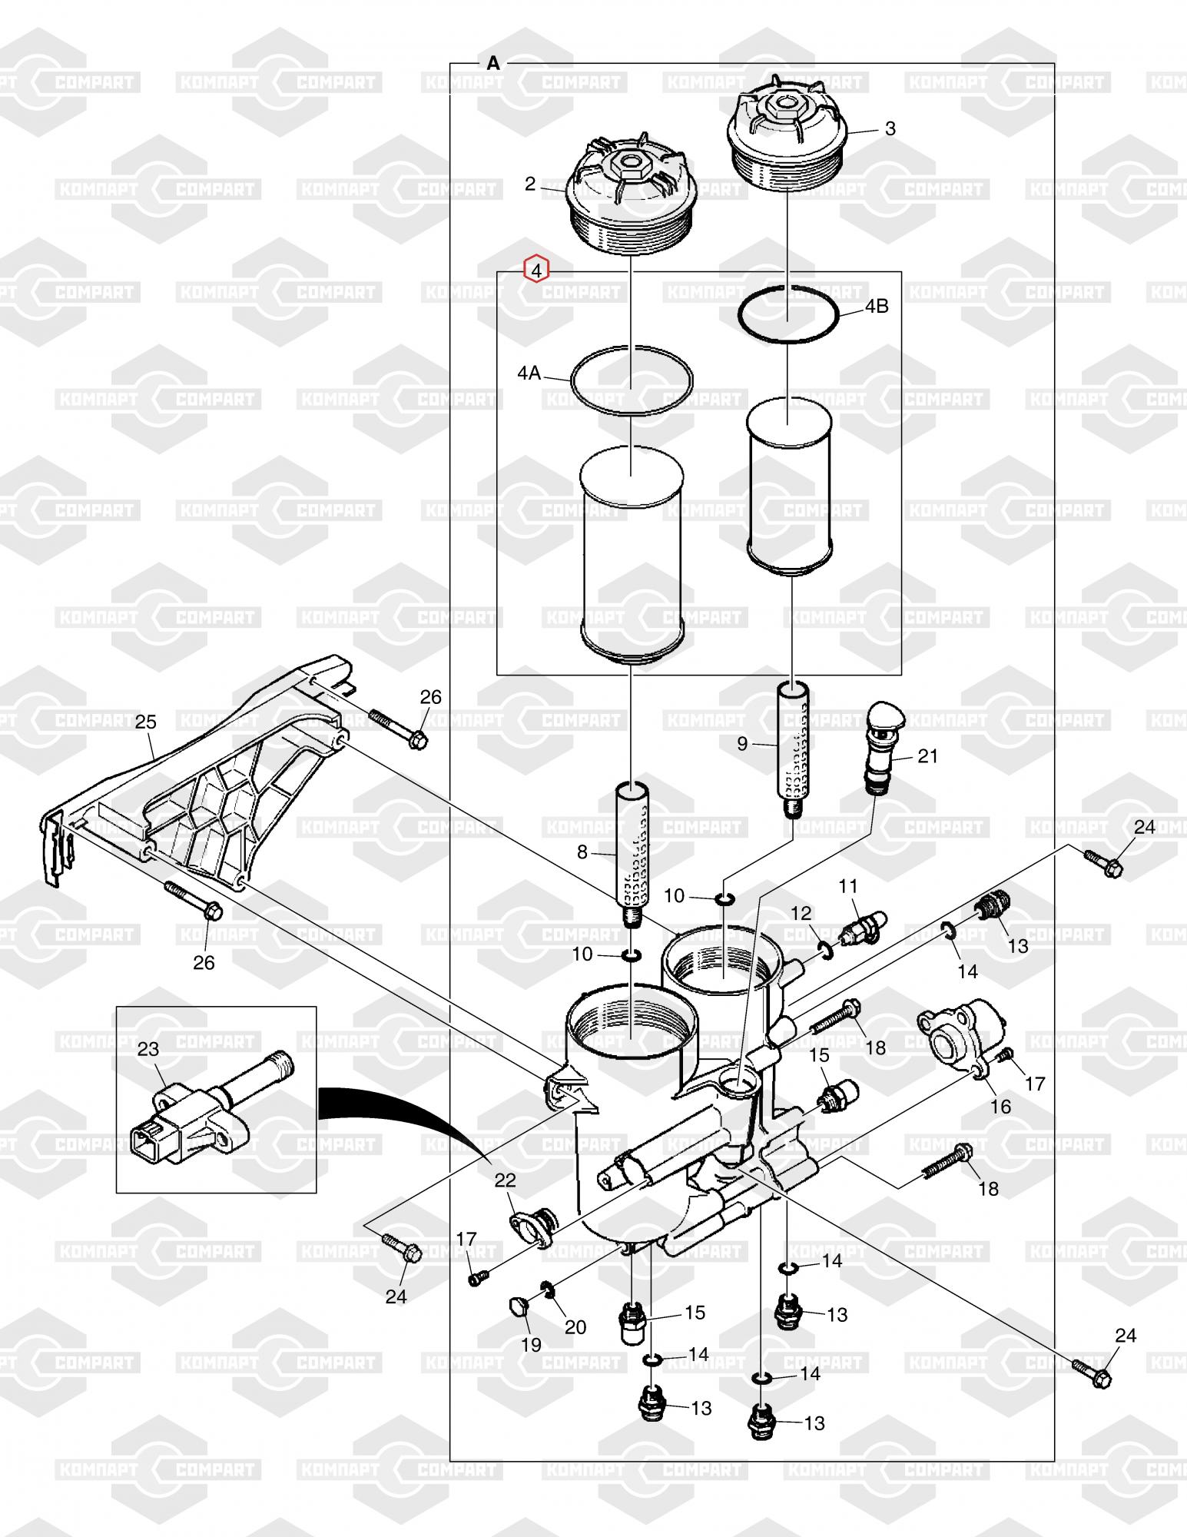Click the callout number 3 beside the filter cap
890,129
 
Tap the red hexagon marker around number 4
536,270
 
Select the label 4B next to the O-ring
877,306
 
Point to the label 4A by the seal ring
529,373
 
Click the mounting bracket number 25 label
146,722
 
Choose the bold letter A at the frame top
493,64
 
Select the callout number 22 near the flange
505,1179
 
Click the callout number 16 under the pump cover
1000,1106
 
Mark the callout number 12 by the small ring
801,913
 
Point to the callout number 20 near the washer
575,1327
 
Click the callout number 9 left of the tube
741,743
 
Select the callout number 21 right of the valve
928,756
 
